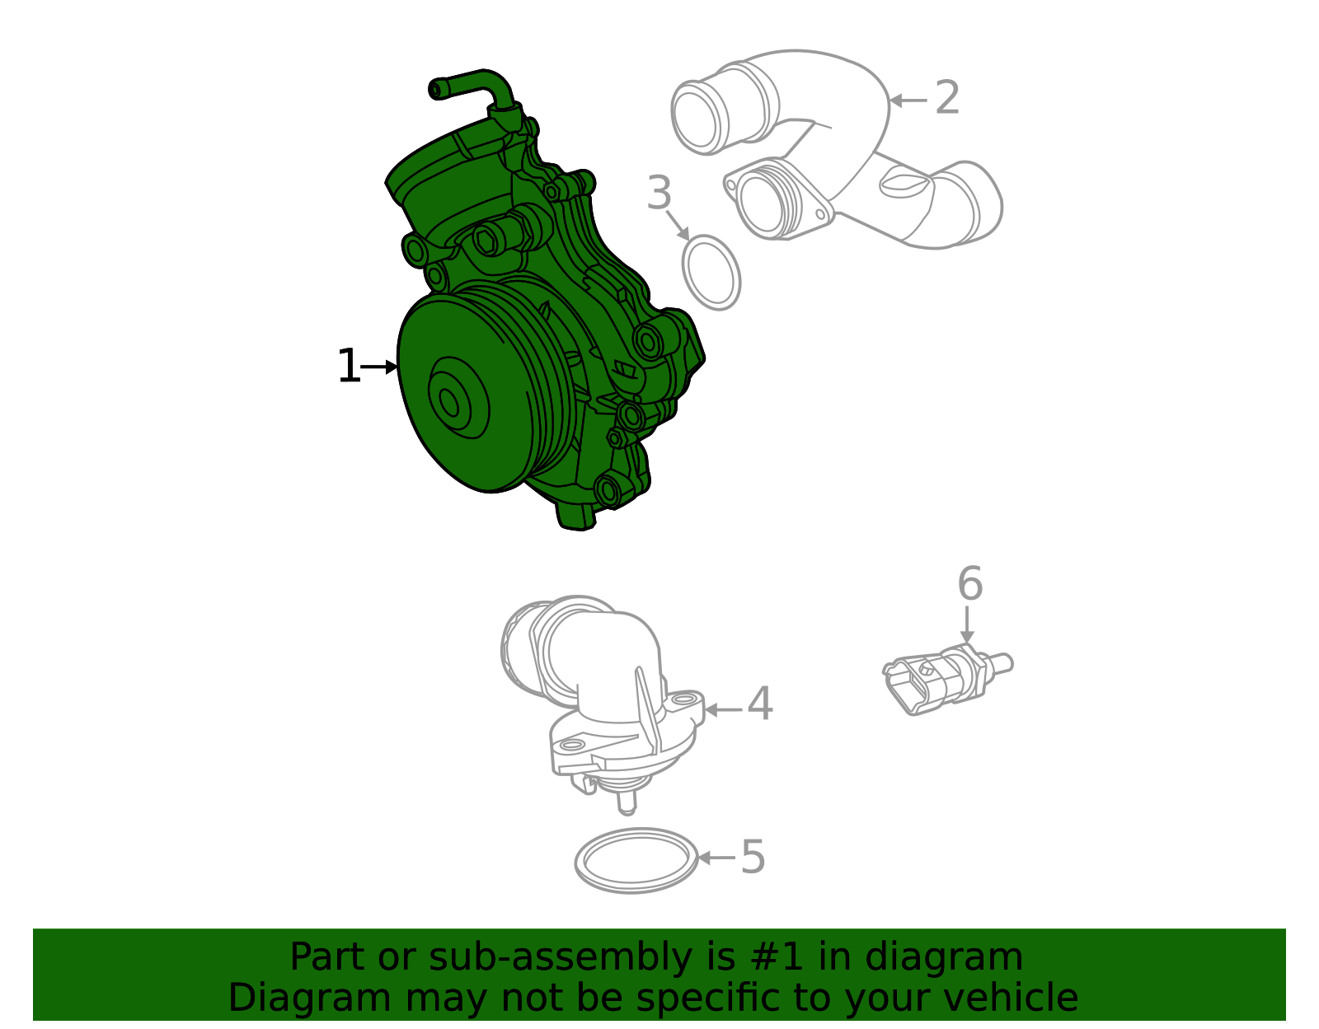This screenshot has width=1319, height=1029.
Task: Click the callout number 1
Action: (348, 367)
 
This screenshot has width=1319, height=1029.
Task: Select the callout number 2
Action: (947, 98)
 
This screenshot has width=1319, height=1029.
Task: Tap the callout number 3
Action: (659, 194)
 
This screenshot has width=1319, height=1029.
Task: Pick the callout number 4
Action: (759, 705)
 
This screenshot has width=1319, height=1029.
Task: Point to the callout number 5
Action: (753, 858)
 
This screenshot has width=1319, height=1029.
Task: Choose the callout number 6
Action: (969, 584)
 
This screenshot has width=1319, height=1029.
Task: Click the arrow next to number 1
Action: (380, 367)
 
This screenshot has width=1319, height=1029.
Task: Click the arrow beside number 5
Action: (716, 858)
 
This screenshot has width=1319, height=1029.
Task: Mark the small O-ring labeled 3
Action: (711, 272)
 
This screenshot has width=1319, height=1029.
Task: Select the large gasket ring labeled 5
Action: (636, 860)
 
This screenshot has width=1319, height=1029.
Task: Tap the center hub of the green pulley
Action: (450, 403)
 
